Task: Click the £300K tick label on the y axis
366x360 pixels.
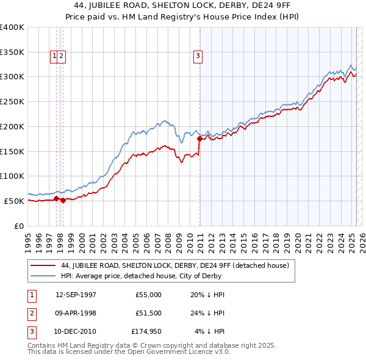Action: click(x=12, y=77)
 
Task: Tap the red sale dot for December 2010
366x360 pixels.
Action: click(x=199, y=139)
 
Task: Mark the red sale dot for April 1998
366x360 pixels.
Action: click(x=63, y=200)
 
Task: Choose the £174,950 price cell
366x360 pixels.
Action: click(x=146, y=331)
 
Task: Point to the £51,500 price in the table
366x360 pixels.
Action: click(x=148, y=313)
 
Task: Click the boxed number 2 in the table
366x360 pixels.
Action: click(x=30, y=313)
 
